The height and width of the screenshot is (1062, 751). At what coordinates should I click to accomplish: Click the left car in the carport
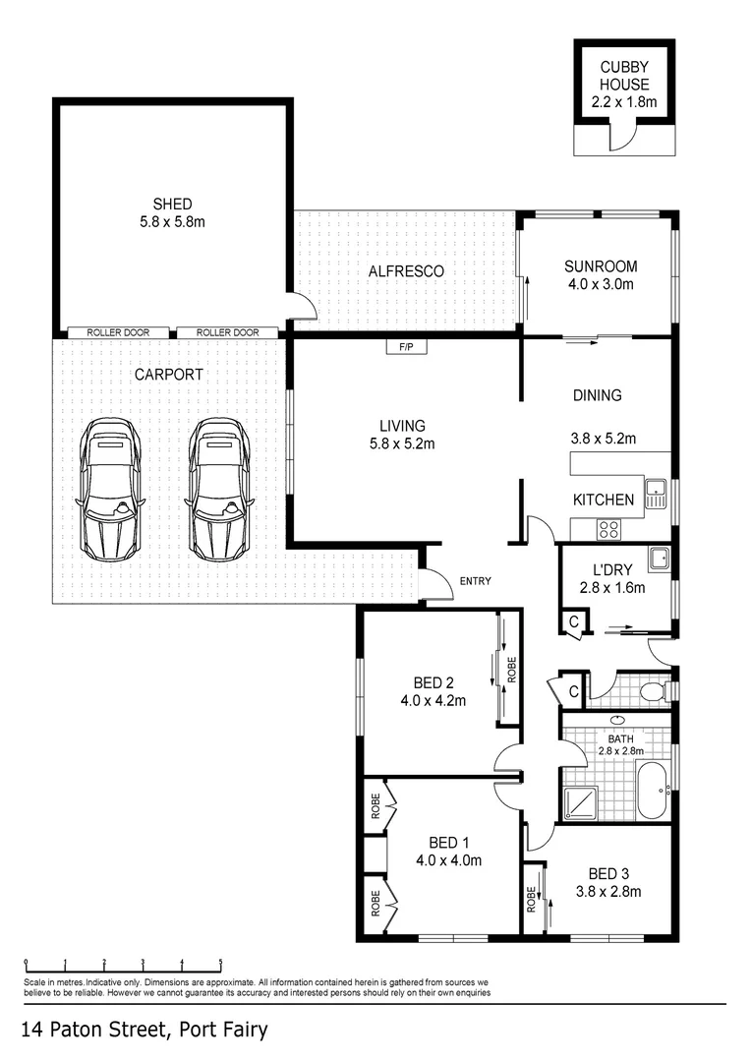(x=110, y=489)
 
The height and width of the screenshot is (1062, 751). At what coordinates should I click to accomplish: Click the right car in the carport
(x=219, y=489)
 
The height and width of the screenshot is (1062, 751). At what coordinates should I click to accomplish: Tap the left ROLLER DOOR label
(x=118, y=332)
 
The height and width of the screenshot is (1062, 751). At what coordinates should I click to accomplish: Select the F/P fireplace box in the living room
(x=406, y=347)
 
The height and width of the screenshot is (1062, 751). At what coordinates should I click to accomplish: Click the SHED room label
(x=173, y=204)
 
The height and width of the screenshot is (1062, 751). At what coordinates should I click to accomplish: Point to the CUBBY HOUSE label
(x=624, y=76)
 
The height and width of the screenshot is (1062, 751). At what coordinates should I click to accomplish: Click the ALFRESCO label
(x=406, y=271)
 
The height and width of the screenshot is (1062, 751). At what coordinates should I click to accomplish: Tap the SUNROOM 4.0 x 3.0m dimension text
(x=601, y=284)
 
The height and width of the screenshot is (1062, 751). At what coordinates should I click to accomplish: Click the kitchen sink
(x=656, y=493)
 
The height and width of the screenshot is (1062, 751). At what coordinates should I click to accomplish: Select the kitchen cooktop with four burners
(x=608, y=529)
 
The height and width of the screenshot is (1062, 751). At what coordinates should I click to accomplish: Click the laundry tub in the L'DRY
(x=659, y=559)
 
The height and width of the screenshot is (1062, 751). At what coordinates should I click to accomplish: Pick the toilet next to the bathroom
(x=655, y=691)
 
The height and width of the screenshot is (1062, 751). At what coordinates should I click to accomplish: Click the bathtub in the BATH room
(x=653, y=789)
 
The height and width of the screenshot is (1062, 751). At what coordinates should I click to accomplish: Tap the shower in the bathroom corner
(x=580, y=803)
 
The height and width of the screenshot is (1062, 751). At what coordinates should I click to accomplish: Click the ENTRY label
(x=476, y=581)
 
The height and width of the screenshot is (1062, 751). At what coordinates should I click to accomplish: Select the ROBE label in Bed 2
(x=512, y=670)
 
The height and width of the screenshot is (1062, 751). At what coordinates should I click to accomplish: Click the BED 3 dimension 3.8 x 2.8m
(x=608, y=891)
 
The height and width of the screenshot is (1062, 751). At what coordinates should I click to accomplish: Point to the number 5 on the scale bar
(x=221, y=961)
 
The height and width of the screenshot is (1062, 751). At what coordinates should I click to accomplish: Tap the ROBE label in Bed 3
(x=531, y=900)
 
